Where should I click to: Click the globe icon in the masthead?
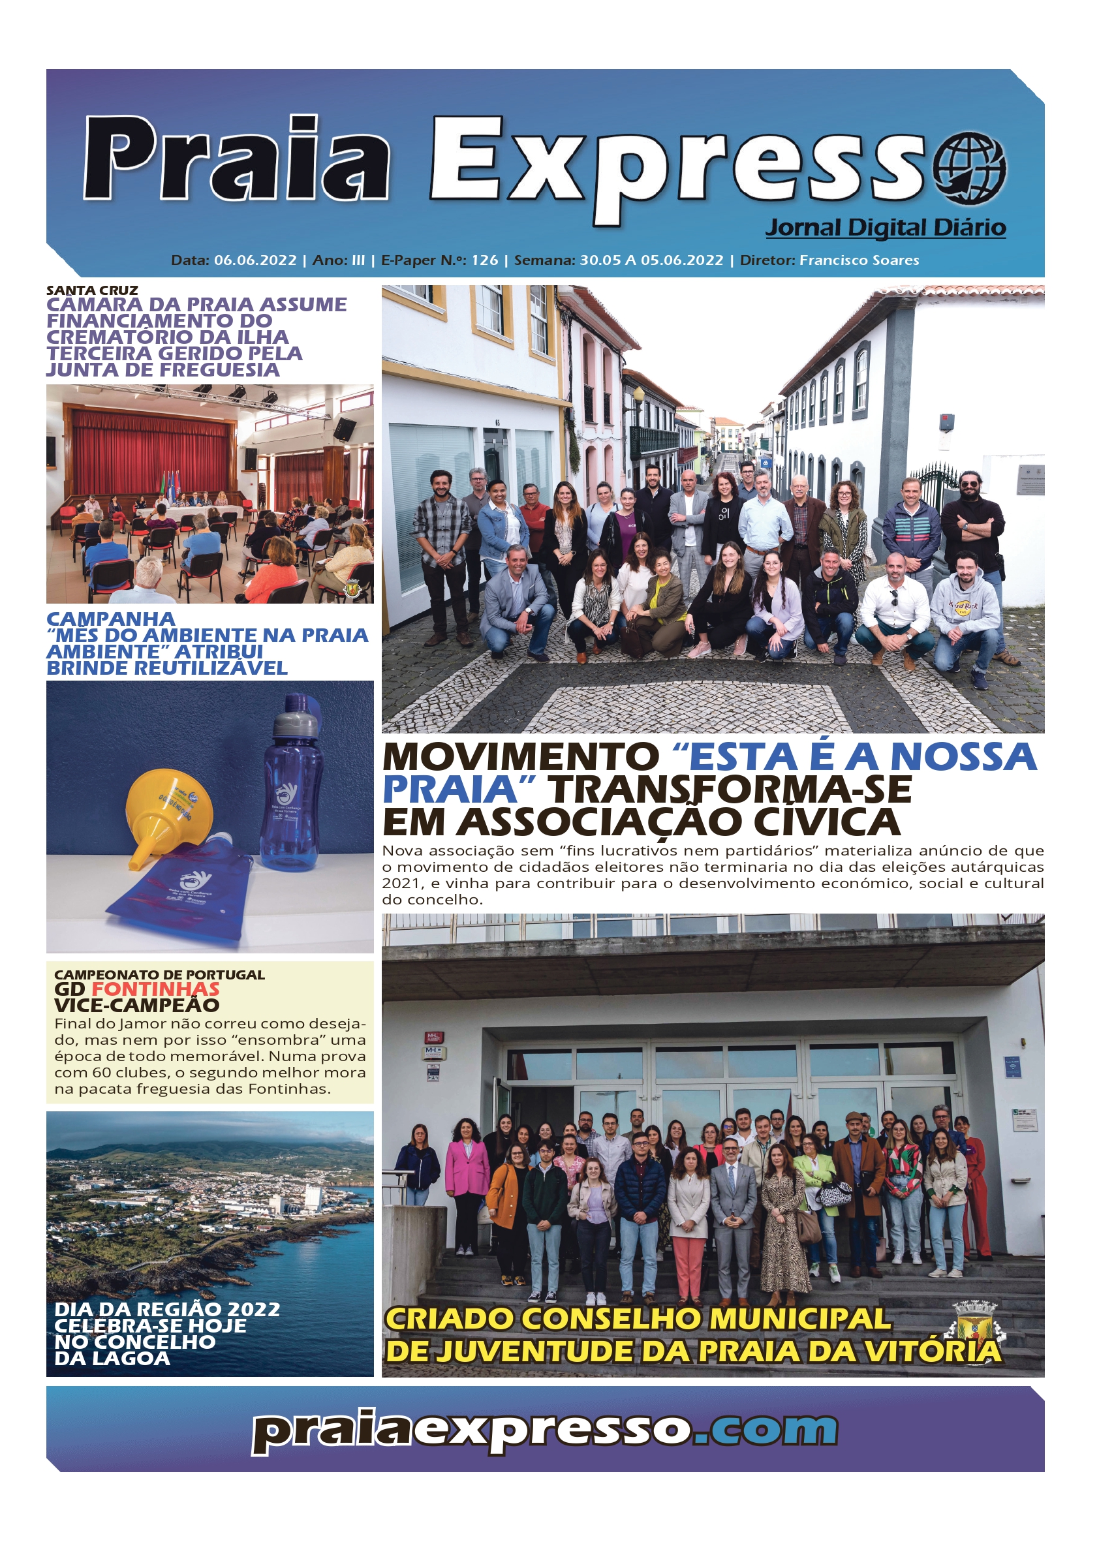pos(969,167)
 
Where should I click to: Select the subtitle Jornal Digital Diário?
pos(886,227)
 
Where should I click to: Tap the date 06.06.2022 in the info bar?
pos(255,260)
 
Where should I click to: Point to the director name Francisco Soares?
pos(859,260)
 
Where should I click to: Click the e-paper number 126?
pos(484,260)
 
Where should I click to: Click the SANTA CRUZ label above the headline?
pos(92,290)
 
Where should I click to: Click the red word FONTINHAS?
pos(156,989)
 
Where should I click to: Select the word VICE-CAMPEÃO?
pos(136,1006)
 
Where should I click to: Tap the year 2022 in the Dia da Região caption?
pos(254,1310)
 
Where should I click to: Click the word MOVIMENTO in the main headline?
pos(520,757)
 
